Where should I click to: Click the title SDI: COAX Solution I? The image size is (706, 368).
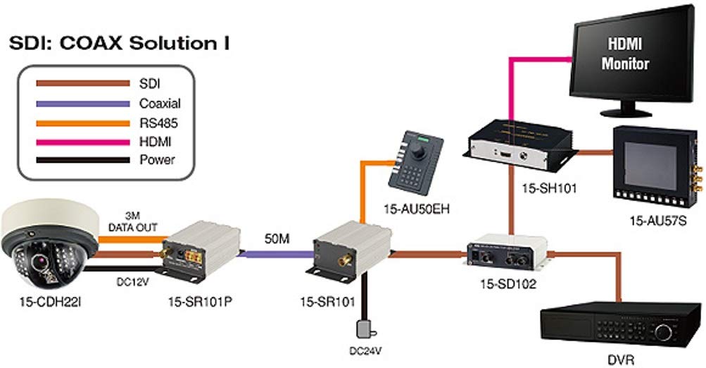[120, 44]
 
